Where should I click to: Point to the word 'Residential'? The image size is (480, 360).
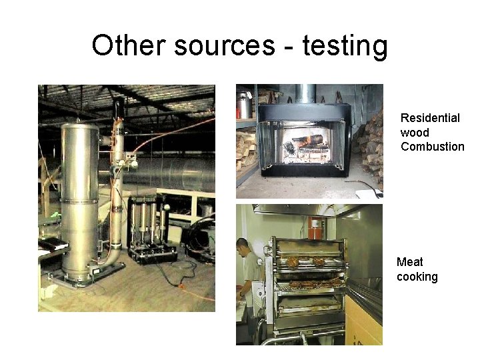coord(430,118)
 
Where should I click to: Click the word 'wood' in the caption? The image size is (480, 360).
coord(415,132)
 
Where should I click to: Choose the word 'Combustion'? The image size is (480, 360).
coord(432,147)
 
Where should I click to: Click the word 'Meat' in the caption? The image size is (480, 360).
coord(410,262)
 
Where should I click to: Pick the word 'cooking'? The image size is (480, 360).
coord(417,277)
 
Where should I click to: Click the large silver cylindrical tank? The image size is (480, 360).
coord(80,193)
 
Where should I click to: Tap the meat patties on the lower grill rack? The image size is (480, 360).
coord(310,284)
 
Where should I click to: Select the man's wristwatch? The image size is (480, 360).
coord(241,294)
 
